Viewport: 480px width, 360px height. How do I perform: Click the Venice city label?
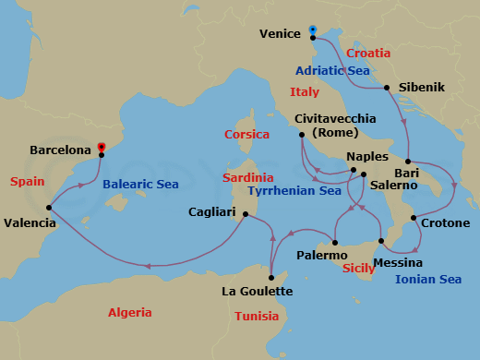point(281,34)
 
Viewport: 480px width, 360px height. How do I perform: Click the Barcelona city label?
point(60,149)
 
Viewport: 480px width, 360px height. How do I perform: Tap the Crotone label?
point(445,223)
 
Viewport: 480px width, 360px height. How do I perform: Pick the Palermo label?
point(321,253)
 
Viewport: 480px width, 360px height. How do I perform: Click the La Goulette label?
point(258,292)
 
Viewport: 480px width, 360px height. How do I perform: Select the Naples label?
point(367,157)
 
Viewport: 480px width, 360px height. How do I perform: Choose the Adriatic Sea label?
point(333,70)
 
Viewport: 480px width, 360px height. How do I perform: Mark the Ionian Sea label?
point(428,280)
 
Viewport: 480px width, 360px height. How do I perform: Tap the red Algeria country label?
point(129,313)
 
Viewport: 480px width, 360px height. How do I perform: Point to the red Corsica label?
point(246,135)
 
